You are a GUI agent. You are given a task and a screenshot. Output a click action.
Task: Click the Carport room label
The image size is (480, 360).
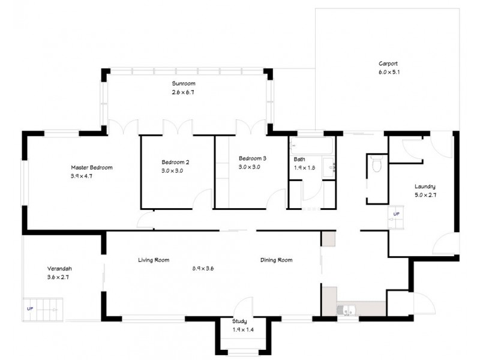tap(388, 63)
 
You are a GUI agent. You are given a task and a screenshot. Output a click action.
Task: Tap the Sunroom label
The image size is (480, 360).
tap(184, 83)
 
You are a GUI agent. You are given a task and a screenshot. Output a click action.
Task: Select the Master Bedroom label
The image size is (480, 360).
tap(92, 167)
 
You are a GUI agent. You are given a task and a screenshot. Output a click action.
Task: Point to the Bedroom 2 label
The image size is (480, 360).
tap(175, 162)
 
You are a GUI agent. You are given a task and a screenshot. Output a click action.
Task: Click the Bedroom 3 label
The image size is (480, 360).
tap(248, 158)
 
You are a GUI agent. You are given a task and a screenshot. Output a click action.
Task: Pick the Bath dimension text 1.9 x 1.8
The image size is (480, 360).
tap(305, 168)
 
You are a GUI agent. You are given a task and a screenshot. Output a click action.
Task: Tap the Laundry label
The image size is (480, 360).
tap(424, 186)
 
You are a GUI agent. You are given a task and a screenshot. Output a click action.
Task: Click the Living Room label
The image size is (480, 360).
tap(154, 260)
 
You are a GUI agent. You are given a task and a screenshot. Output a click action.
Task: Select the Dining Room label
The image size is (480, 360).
tap(277, 260)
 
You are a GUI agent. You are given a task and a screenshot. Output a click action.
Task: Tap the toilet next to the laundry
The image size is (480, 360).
tap(377, 164)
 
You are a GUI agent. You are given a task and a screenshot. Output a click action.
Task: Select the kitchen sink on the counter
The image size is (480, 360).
tap(346, 310)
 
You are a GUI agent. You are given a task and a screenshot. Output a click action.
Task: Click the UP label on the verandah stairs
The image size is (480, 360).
tap(30, 308)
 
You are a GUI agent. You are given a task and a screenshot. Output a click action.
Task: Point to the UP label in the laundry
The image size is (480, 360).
tap(396, 214)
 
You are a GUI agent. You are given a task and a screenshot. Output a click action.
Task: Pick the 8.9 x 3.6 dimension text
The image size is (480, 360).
tap(203, 268)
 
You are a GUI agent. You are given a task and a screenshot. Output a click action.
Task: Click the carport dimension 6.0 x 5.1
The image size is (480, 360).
tap(388, 72)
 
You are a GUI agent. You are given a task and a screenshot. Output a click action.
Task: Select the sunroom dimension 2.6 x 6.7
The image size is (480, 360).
tap(184, 92)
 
